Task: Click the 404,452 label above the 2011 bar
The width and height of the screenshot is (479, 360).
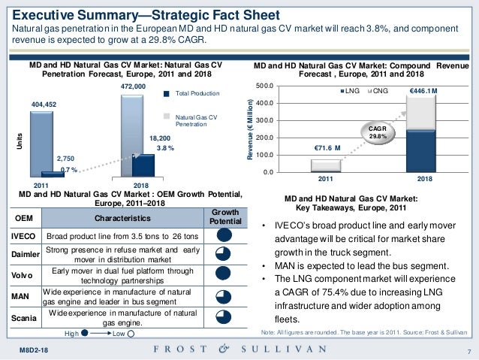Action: tap(43, 103)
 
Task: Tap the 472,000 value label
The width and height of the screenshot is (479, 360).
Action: tap(132, 87)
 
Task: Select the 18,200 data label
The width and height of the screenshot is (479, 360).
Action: tap(160, 139)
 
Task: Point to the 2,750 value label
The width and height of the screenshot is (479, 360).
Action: tap(65, 159)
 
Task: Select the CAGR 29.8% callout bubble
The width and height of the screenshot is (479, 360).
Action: tap(376, 133)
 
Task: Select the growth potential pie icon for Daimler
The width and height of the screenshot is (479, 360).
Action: tap(224, 254)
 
